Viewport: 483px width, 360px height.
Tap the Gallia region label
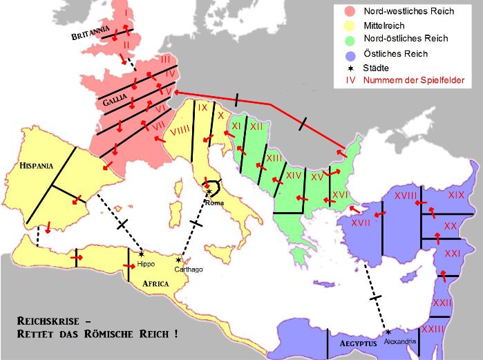point(113,102)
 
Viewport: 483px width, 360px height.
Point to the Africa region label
point(156,284)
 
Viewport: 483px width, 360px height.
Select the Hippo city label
point(146,264)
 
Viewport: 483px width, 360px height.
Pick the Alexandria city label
point(400,342)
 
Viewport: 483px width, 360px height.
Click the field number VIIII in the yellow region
point(180,131)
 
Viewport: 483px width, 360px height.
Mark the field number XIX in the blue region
point(456,196)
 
